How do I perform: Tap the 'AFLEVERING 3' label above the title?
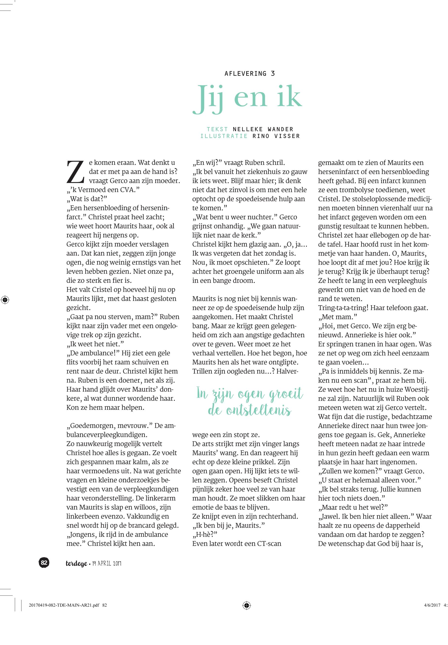250,74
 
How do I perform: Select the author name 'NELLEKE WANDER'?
263,129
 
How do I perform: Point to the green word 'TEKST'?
217,129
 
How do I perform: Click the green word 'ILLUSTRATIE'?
224,136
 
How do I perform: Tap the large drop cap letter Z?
75,171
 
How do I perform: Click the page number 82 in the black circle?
44,562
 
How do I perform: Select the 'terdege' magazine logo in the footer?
76,563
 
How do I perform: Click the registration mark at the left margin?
5,300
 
